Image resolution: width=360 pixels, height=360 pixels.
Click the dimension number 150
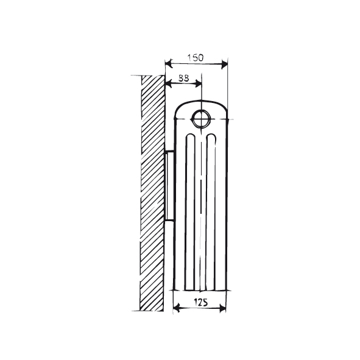click(x=195, y=57)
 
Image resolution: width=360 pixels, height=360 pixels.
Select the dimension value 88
click(x=182, y=79)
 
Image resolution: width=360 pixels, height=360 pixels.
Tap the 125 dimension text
click(x=199, y=301)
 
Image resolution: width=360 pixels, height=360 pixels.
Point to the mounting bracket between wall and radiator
click(x=169, y=185)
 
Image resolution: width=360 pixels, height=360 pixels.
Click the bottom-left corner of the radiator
click(x=175, y=289)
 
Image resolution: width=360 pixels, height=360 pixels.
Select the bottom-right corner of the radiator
click(x=227, y=289)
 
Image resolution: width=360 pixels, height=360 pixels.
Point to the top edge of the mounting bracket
click(x=169, y=150)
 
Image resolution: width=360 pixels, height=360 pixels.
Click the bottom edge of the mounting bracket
click(x=169, y=220)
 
